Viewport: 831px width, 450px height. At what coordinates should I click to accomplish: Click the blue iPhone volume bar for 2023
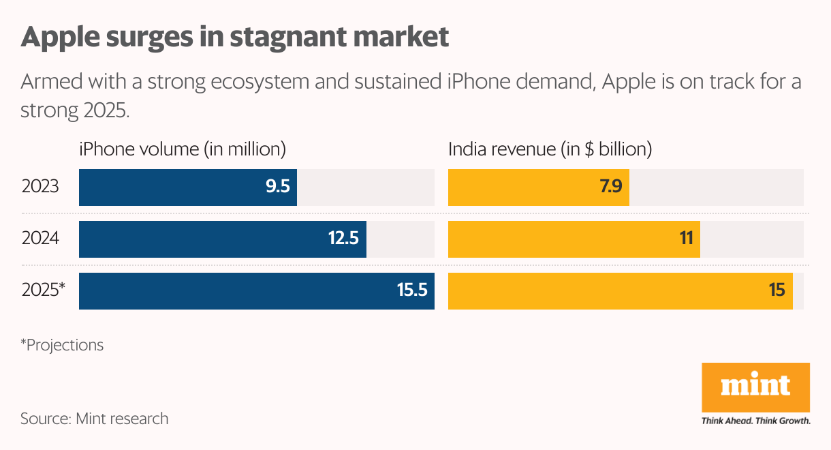(188, 187)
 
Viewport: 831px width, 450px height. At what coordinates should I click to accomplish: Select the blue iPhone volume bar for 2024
(223, 239)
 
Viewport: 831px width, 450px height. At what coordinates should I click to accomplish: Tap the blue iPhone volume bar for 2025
(257, 291)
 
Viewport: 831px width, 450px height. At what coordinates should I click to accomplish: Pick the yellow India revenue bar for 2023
(538, 187)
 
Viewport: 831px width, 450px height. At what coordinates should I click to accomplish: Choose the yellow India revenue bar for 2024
(574, 239)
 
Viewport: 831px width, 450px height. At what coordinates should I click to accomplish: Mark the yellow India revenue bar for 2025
(620, 291)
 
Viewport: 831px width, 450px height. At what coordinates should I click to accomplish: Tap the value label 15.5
(411, 291)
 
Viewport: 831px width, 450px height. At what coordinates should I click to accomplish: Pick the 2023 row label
(40, 187)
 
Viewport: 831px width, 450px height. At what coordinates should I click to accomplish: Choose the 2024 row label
(40, 239)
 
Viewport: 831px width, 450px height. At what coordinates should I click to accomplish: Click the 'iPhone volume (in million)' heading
(182, 149)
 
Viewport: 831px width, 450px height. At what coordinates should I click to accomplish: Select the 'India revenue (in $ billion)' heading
(550, 149)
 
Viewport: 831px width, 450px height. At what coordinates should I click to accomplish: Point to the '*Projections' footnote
(62, 345)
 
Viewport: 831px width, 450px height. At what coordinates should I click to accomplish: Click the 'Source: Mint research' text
(94, 418)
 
